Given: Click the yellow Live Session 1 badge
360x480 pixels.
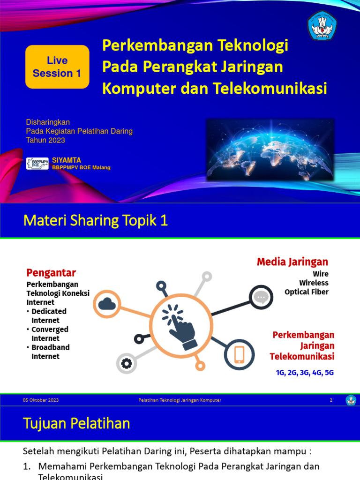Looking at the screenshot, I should click(x=57, y=67).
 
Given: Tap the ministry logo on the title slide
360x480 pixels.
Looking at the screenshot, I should click(x=322, y=25).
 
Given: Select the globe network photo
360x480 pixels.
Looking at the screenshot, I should click(x=270, y=150).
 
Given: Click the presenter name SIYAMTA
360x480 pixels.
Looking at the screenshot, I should click(x=67, y=160).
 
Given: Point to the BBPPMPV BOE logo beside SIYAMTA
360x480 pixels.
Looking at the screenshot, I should click(x=37, y=164).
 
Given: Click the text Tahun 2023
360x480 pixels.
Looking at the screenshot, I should click(x=45, y=140).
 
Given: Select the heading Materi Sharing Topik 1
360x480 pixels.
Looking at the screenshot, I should click(x=96, y=221).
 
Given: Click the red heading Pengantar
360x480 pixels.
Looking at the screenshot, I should click(x=51, y=273).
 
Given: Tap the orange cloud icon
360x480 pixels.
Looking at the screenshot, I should click(x=107, y=305).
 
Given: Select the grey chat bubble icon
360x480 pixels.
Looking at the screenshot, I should click(x=261, y=297).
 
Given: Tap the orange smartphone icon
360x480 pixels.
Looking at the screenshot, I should click(x=239, y=354).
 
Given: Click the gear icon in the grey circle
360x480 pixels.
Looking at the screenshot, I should click(x=127, y=363).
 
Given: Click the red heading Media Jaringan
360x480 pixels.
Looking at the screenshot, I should click(x=292, y=262).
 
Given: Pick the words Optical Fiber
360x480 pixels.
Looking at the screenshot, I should click(x=307, y=292).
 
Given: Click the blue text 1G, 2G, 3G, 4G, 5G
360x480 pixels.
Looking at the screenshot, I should click(x=305, y=373).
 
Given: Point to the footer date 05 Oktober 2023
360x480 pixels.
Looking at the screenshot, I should click(x=41, y=400).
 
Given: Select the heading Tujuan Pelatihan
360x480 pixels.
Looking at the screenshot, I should click(x=76, y=424).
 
